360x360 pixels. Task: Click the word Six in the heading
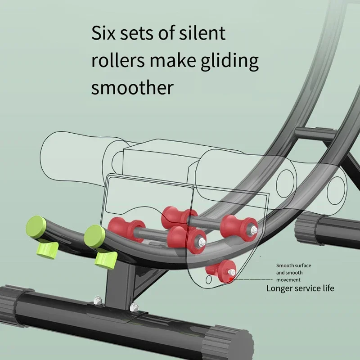104,34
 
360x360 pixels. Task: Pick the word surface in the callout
301,266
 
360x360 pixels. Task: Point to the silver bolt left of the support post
97,299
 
